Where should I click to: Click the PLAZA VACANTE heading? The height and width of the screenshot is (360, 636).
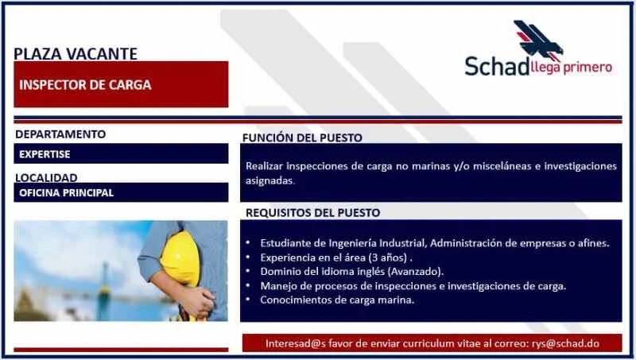click(x=76, y=54)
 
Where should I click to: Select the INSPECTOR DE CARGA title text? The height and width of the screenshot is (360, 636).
click(x=85, y=85)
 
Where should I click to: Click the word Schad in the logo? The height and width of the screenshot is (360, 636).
click(x=497, y=66)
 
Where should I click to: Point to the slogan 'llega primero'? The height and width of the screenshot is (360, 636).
click(x=571, y=68)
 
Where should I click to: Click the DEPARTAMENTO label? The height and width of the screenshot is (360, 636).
click(x=60, y=134)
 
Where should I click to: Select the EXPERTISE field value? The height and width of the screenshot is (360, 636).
click(x=45, y=154)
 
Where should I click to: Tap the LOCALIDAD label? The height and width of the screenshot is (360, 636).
click(x=46, y=177)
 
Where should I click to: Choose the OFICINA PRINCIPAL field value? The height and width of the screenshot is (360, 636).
click(x=66, y=192)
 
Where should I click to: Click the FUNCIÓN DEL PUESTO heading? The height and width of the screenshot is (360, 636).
click(x=302, y=137)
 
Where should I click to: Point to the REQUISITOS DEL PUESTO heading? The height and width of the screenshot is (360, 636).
click(x=312, y=213)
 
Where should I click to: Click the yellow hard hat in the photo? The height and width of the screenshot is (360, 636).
click(x=180, y=258)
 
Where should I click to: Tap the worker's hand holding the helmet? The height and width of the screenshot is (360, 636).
click(x=197, y=301)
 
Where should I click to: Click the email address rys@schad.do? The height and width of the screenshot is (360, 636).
click(x=565, y=343)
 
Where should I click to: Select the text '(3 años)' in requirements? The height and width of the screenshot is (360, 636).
click(x=387, y=257)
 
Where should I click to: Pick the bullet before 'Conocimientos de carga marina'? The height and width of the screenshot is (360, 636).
click(x=248, y=300)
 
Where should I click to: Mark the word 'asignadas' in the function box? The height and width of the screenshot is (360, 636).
click(x=270, y=181)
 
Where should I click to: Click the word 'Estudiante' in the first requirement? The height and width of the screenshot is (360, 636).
click(x=282, y=243)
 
